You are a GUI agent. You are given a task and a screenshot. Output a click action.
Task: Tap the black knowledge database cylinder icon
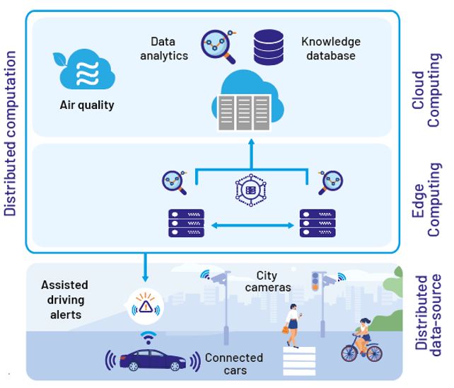click(268, 47)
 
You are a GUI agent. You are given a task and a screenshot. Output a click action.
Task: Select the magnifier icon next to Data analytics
click(216, 46)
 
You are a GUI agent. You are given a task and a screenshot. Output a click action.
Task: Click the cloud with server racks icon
click(248, 103)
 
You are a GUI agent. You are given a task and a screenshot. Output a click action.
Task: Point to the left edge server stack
click(186, 223)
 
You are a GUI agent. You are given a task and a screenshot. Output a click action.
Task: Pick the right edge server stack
click(318, 223)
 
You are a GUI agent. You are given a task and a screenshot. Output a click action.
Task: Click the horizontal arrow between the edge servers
click(252, 225)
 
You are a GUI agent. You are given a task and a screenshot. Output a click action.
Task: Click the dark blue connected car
click(149, 359)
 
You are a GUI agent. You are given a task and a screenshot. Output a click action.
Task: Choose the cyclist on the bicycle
click(361, 340)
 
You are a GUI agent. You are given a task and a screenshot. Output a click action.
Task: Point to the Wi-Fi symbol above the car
click(147, 336)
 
